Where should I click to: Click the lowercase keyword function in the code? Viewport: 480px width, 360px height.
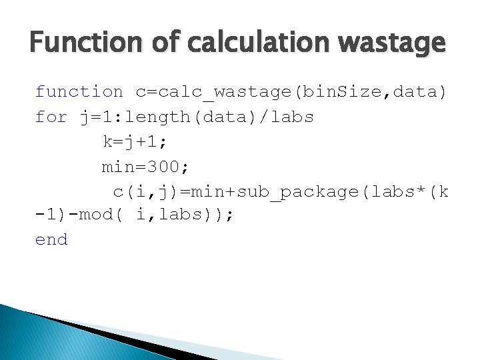pyautogui.click(x=79, y=92)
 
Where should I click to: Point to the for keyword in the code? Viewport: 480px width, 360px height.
pyautogui.click(x=51, y=117)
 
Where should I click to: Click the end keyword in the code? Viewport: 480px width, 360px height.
pyautogui.click(x=51, y=240)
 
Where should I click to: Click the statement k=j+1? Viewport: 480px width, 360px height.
pyautogui.click(x=135, y=142)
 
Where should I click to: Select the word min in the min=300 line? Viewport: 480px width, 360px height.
pyautogui.click(x=118, y=167)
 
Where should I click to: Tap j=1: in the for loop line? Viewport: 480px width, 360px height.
pyautogui.click(x=96, y=117)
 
